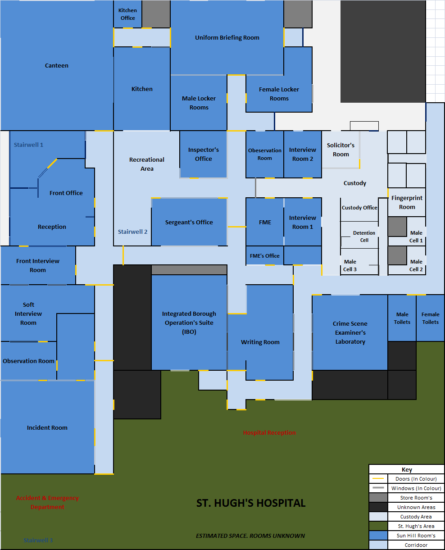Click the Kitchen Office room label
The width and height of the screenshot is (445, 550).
(x=127, y=14)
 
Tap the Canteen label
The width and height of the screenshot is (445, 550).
(x=57, y=66)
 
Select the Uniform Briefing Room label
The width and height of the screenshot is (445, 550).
(x=227, y=38)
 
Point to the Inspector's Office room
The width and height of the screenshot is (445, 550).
(x=204, y=154)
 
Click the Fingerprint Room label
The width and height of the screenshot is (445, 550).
(x=407, y=203)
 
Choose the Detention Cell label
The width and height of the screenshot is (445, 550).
(x=364, y=236)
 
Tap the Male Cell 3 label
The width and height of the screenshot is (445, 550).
(x=350, y=265)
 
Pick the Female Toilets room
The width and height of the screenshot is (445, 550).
(x=430, y=318)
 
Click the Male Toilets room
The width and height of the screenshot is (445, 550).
(x=402, y=318)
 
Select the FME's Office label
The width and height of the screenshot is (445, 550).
(x=265, y=256)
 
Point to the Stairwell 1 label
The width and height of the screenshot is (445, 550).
(x=28, y=145)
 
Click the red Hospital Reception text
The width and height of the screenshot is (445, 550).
(x=269, y=433)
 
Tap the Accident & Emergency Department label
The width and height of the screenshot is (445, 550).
(x=47, y=502)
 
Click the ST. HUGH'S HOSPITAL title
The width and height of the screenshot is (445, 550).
(x=251, y=503)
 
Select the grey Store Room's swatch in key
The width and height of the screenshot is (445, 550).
(x=378, y=498)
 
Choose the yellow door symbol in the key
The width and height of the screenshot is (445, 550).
(x=378, y=479)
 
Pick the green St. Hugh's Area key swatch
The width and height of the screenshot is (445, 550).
(x=378, y=526)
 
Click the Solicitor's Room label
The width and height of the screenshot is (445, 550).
(x=341, y=150)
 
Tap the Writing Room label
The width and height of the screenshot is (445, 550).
(x=260, y=342)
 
